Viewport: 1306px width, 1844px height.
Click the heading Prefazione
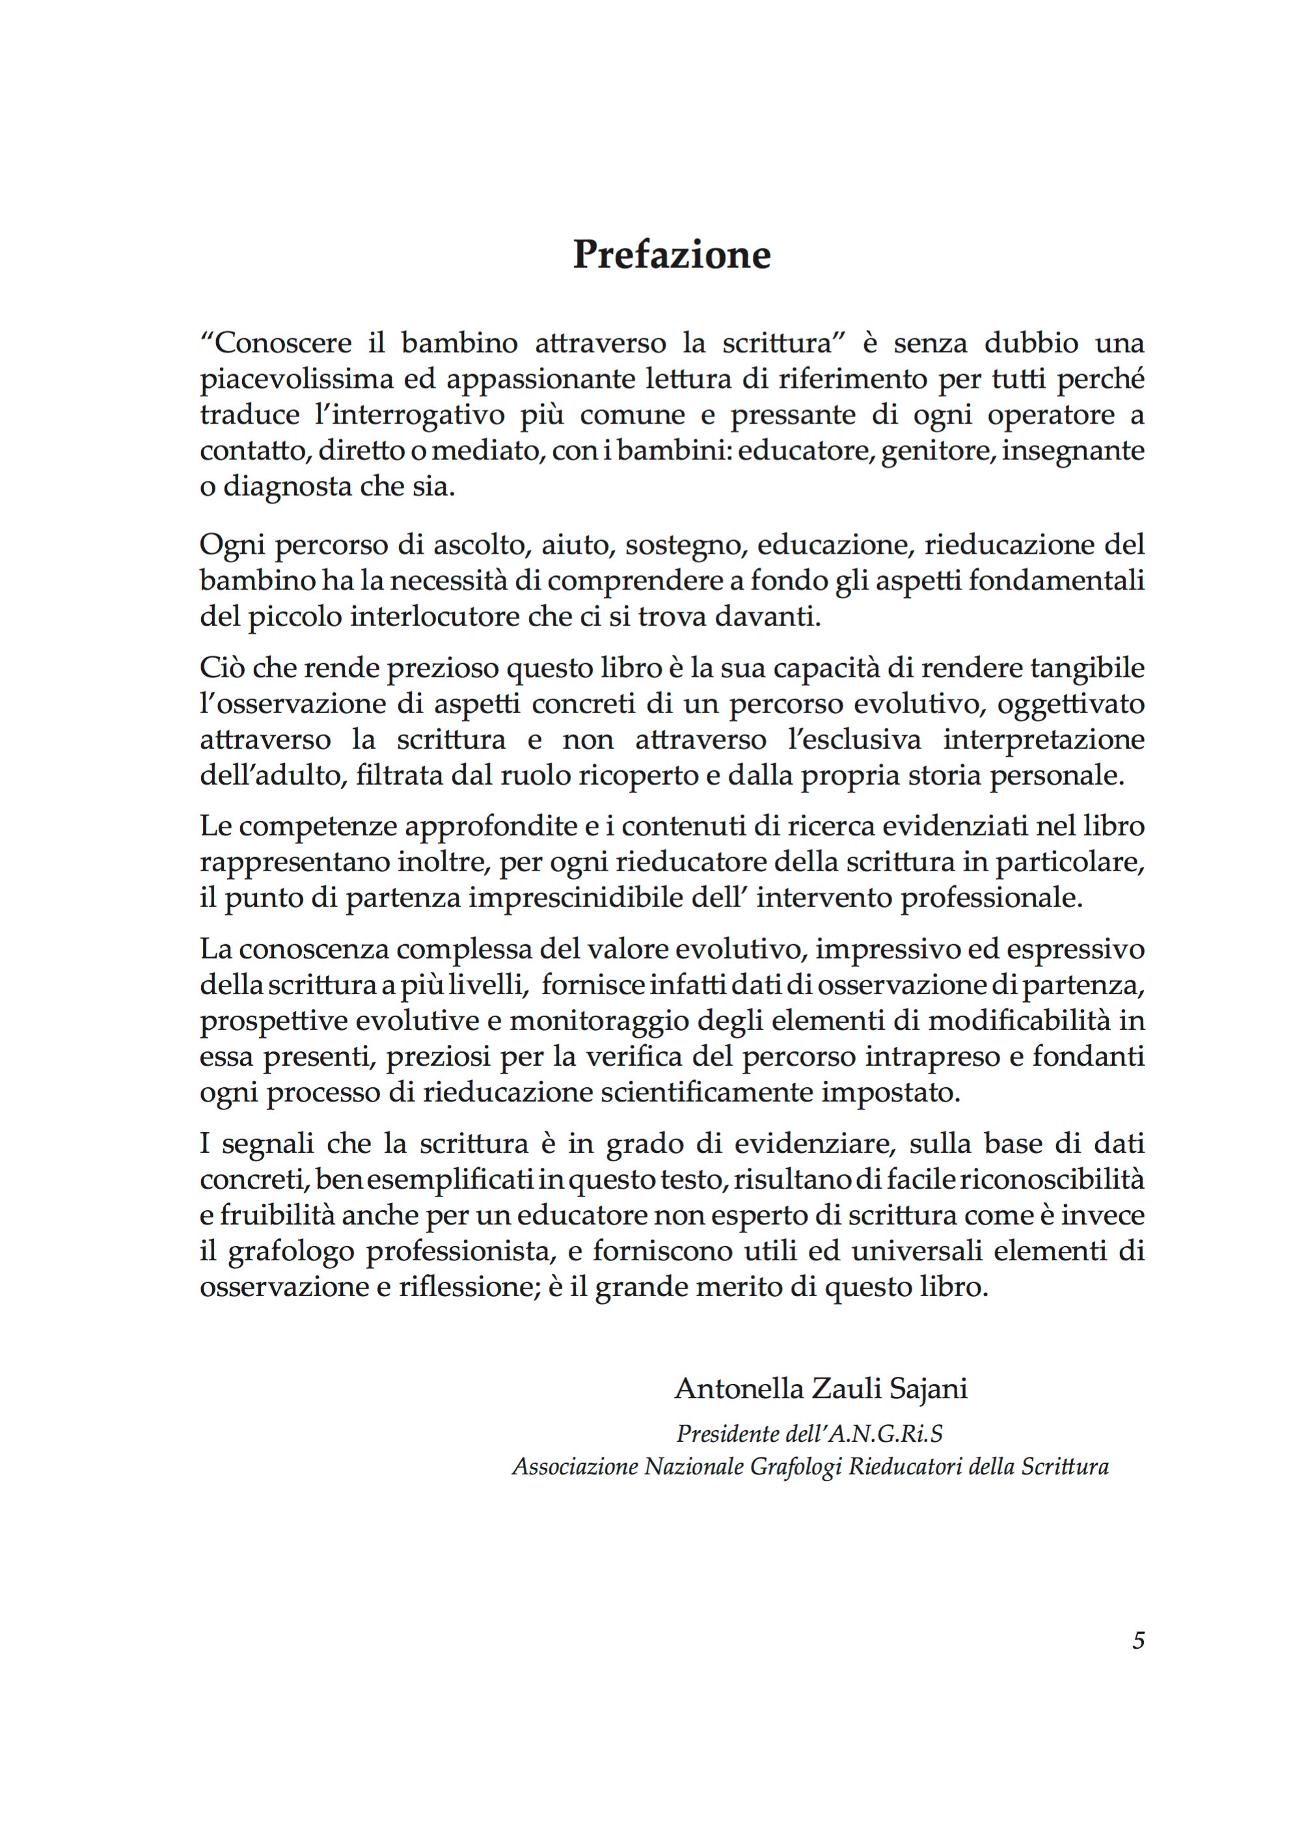(x=672, y=254)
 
